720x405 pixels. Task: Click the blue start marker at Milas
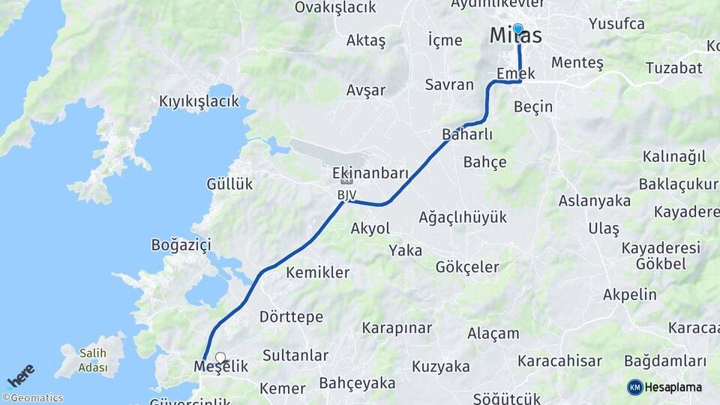pyautogui.click(x=517, y=28)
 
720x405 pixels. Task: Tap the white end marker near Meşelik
pyautogui.click(x=220, y=358)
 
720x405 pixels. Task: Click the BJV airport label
pyautogui.click(x=346, y=195)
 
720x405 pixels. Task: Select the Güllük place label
pyautogui.click(x=229, y=184)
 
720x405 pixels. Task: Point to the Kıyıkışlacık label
pyautogui.click(x=199, y=100)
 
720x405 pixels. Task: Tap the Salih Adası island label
pyautogui.click(x=93, y=360)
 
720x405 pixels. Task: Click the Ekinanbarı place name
pyautogui.click(x=370, y=173)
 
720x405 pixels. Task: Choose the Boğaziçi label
pyautogui.click(x=181, y=244)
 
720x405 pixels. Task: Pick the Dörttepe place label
pyautogui.click(x=291, y=316)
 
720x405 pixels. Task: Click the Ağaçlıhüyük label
pyautogui.click(x=463, y=217)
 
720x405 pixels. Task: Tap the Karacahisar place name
pyautogui.click(x=559, y=361)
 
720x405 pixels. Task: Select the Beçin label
pyautogui.click(x=533, y=107)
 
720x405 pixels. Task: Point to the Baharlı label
pyautogui.click(x=467, y=135)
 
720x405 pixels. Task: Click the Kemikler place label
pyautogui.click(x=317, y=272)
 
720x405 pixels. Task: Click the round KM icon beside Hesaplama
pyautogui.click(x=635, y=387)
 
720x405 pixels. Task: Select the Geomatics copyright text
pyautogui.click(x=33, y=398)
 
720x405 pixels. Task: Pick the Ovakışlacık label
pyautogui.click(x=334, y=7)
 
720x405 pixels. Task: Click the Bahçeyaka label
pyautogui.click(x=357, y=383)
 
